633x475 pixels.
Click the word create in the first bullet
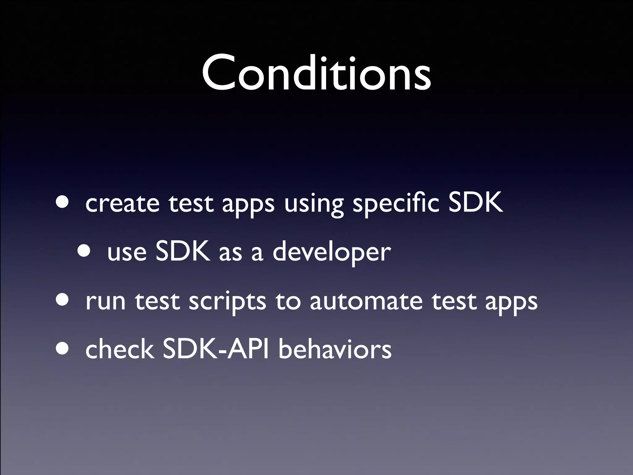click(x=122, y=204)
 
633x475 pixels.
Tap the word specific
click(x=396, y=204)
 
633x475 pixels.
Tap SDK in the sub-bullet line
click(x=183, y=251)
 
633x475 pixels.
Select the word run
click(x=105, y=302)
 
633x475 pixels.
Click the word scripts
click(x=227, y=302)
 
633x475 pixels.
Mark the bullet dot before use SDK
click(x=84, y=251)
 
